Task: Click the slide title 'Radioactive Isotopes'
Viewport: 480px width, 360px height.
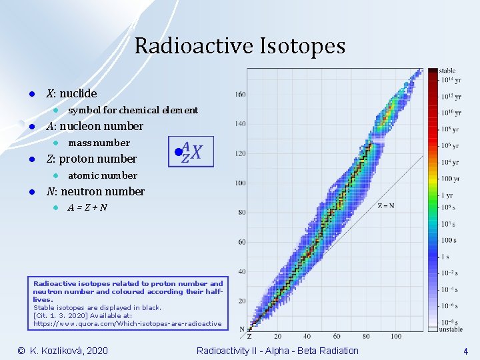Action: [240, 46]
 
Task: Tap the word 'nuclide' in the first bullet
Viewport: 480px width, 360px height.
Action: [78, 93]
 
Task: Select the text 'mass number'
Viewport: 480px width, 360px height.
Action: [99, 143]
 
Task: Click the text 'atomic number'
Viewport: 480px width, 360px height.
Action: [102, 175]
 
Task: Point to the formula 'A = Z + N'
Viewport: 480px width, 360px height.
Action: [87, 207]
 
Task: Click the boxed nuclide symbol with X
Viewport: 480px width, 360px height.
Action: [191, 153]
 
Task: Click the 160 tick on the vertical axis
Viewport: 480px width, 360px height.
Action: [240, 94]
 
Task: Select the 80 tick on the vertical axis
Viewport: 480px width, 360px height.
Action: [241, 212]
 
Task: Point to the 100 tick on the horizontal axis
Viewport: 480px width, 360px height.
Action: [395, 336]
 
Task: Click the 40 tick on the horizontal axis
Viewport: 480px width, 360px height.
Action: [307, 336]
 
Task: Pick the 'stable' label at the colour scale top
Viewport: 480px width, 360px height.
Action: [447, 70]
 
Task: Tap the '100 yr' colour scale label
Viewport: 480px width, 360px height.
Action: [449, 179]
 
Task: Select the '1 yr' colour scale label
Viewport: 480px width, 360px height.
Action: [447, 195]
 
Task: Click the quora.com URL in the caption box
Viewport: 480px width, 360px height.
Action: [127, 323]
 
